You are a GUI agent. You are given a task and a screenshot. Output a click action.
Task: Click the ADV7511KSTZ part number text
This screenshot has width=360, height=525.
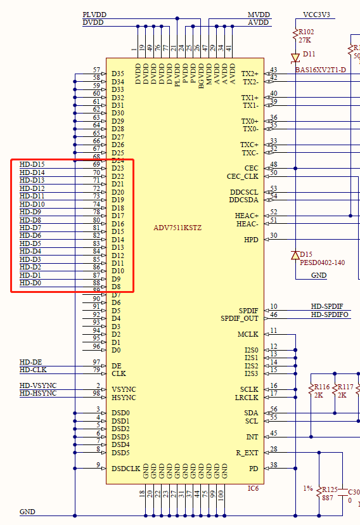[177, 228]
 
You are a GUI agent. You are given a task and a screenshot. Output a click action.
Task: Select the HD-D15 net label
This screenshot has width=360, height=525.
[32, 164]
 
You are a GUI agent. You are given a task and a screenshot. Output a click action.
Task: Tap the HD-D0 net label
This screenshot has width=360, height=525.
[30, 283]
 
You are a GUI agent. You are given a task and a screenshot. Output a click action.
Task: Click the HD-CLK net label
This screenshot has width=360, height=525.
[33, 370]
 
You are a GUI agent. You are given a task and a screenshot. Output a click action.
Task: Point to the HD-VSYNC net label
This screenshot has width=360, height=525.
[38, 386]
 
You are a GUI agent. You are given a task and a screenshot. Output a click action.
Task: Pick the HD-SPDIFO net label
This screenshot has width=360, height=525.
[330, 314]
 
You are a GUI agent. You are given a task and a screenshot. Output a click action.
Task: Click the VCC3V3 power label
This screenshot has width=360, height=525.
[316, 15]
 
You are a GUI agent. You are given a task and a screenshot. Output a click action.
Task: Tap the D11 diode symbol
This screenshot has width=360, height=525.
[295, 57]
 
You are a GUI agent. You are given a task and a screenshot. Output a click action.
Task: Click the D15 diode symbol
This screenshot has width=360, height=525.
[295, 255]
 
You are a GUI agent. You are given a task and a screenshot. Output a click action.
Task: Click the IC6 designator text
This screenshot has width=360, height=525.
[253, 488]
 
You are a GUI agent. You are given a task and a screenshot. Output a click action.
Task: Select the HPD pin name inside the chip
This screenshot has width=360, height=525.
[251, 240]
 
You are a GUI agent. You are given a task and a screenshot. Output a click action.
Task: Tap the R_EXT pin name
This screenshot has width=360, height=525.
[247, 453]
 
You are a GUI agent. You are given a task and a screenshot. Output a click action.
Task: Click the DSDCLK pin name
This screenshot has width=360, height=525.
[125, 468]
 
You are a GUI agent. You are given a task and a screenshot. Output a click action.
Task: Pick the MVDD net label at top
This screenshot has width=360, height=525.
[258, 15]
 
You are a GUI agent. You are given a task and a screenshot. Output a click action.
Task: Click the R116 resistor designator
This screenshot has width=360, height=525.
[322, 387]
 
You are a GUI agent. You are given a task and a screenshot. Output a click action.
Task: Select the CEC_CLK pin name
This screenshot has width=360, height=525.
[242, 176]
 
